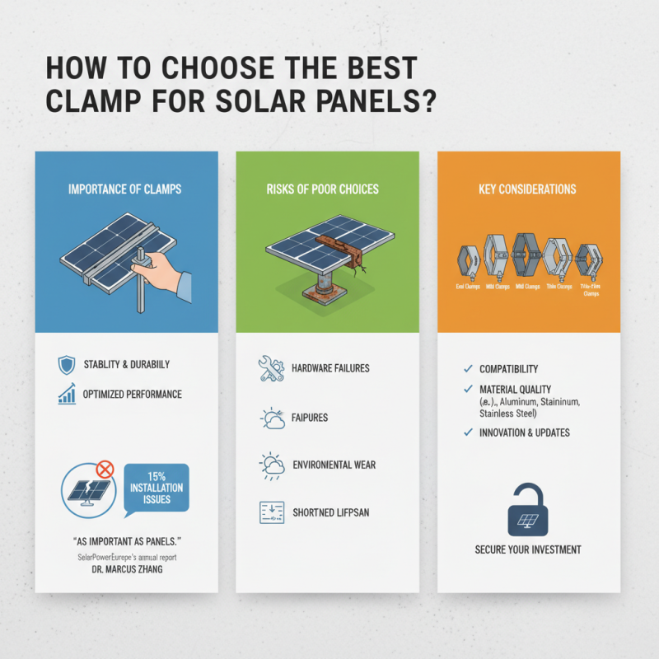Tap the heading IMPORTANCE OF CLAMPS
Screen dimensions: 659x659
126,189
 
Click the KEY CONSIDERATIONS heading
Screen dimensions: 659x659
528,189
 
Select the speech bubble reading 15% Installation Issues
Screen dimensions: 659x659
156,488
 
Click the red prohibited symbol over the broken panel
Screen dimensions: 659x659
105,470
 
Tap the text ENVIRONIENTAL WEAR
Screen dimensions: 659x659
334,465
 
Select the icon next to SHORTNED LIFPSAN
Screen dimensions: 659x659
271,512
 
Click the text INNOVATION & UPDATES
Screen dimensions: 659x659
524,433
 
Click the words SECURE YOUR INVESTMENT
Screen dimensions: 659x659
528,549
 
